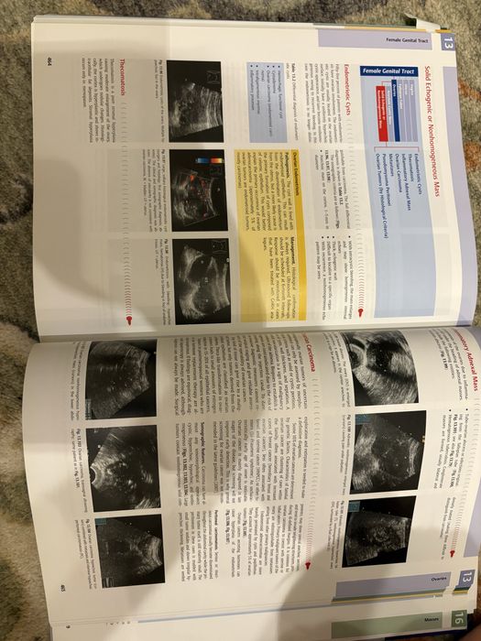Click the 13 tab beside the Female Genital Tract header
click(448, 43)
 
